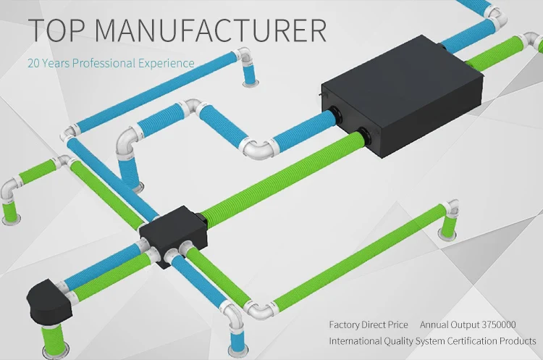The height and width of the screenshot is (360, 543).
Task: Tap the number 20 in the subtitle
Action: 33,63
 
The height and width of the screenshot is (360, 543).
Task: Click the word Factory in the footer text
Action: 345,325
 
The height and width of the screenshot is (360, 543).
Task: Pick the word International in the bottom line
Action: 355,340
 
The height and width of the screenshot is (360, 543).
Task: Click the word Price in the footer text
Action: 396,325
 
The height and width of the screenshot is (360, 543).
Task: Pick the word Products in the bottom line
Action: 518,340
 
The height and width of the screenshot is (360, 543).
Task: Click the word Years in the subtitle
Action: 56,63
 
